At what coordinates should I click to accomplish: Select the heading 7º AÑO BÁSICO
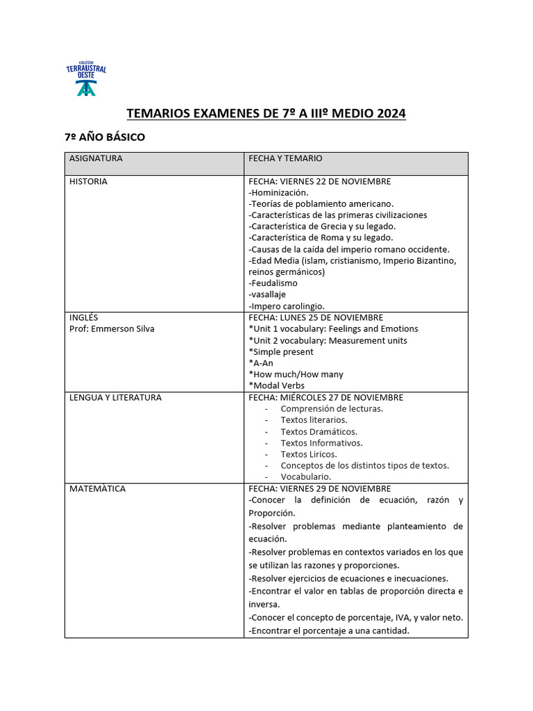105,137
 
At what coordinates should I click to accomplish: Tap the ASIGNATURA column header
96,158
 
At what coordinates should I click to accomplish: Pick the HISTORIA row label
88,181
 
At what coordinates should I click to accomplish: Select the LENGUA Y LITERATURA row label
115,398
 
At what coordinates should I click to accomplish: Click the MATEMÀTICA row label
98,489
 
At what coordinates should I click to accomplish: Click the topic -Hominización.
278,192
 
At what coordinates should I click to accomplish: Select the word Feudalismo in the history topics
273,283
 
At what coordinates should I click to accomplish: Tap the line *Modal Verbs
276,386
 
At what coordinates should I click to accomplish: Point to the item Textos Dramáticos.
319,431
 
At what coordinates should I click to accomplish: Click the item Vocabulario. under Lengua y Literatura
305,477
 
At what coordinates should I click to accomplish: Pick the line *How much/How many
296,374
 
